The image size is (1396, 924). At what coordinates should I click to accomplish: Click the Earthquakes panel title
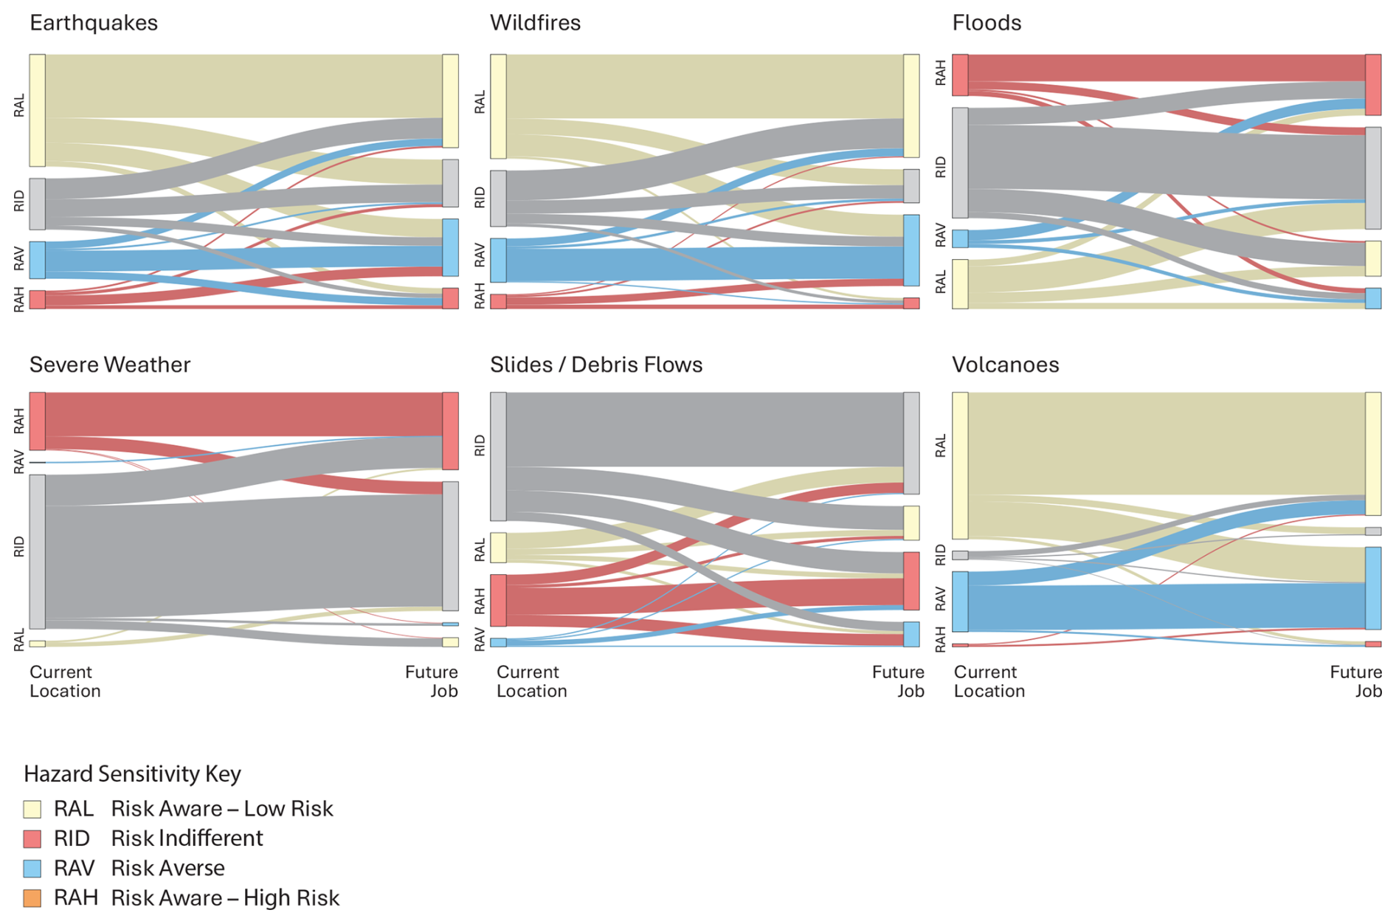94,23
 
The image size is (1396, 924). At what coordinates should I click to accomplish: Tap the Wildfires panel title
535,23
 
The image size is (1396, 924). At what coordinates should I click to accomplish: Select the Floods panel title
986,23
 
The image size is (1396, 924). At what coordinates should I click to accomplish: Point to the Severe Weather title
110,365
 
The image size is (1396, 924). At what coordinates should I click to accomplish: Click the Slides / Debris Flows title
596,365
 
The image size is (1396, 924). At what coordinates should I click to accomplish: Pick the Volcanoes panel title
1005,365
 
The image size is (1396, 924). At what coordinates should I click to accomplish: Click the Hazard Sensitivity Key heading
133,773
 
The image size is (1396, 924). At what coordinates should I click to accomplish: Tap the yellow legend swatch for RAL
32,809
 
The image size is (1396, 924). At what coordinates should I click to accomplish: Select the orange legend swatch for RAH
32,898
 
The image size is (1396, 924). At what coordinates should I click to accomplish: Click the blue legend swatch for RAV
32,869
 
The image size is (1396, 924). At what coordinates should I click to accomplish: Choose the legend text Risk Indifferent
187,838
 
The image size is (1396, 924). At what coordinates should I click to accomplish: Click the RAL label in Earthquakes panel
19,106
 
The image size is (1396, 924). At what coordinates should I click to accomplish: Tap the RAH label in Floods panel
941,74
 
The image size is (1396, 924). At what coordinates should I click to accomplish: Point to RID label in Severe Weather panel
19,547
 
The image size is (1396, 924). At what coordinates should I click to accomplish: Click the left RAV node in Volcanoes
960,601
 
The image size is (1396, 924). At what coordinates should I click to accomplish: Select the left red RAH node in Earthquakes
38,299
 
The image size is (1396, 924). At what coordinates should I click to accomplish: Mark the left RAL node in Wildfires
498,106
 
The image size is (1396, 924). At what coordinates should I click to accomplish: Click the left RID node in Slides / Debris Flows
498,456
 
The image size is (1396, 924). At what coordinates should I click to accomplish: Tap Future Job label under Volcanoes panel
1355,681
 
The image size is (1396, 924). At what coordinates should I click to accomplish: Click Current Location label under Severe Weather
65,681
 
